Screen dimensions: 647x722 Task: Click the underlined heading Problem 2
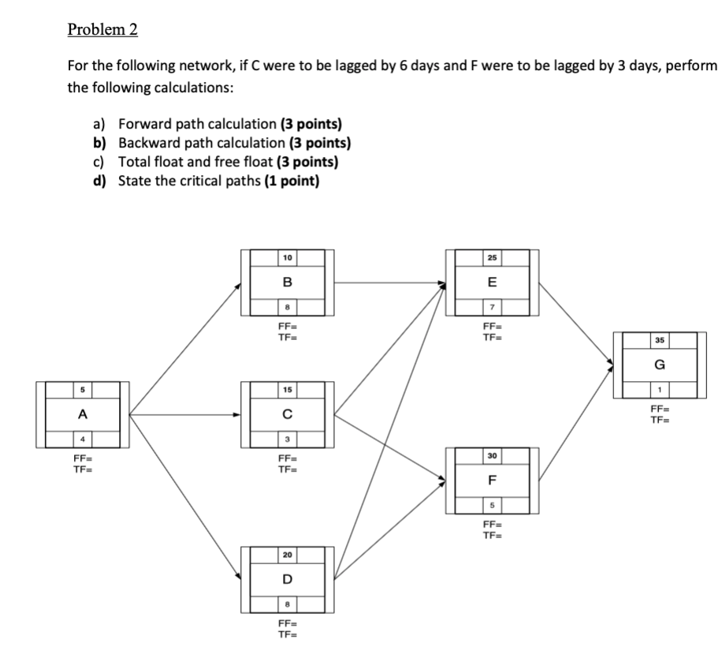coord(102,30)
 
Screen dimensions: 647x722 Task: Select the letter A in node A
coord(82,413)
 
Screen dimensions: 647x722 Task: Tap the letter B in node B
coord(287,282)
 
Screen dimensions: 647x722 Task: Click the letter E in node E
coord(492,282)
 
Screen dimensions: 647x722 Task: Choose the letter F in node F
coord(492,479)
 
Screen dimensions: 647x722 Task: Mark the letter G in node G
coord(659,365)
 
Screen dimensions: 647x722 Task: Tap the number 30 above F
coord(492,455)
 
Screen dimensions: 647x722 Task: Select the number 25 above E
coord(492,258)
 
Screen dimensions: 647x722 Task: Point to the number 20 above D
coord(287,555)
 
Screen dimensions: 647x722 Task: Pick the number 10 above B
coord(287,258)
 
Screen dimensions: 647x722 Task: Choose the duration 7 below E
coord(492,305)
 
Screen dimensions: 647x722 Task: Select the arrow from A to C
coord(185,413)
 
